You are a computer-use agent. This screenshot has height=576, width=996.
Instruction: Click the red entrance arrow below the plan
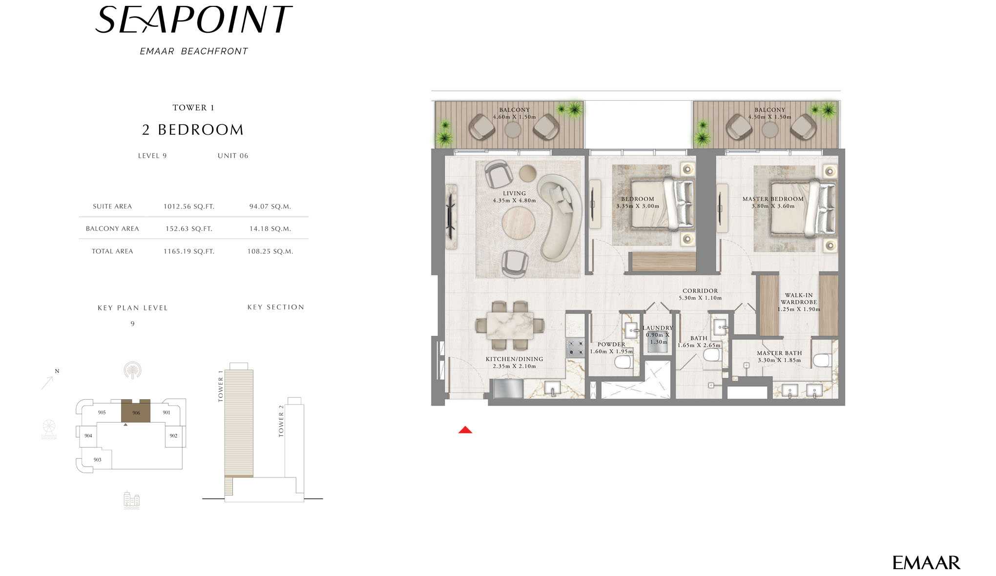pos(465,430)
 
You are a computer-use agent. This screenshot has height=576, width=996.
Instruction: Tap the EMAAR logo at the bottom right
pos(926,563)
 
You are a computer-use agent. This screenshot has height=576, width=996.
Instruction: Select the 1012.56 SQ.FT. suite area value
pos(189,206)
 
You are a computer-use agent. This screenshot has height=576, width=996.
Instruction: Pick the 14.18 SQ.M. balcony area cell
pos(270,228)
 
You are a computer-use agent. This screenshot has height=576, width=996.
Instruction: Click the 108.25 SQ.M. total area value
pos(270,251)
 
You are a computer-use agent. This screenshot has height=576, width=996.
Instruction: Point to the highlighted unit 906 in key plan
pos(136,411)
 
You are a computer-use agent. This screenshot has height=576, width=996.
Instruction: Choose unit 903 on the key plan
pos(97,459)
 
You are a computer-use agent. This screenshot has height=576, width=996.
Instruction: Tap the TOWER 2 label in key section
pos(281,421)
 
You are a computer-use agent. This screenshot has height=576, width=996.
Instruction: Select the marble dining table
pos(510,326)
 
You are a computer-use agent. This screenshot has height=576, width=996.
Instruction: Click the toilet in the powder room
pos(623,362)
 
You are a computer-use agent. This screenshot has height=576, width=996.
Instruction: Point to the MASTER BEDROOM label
pos(773,199)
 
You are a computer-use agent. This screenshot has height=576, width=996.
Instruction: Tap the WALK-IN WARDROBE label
pos(799,299)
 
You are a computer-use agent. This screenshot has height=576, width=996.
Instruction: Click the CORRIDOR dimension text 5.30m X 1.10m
pos(700,298)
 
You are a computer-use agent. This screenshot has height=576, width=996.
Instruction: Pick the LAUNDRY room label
pos(658,328)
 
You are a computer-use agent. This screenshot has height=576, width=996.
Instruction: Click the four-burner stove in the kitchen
pos(575,348)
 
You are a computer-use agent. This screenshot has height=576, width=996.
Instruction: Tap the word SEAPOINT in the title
pos(194,20)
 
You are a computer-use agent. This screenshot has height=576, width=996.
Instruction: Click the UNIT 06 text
pos(233,156)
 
